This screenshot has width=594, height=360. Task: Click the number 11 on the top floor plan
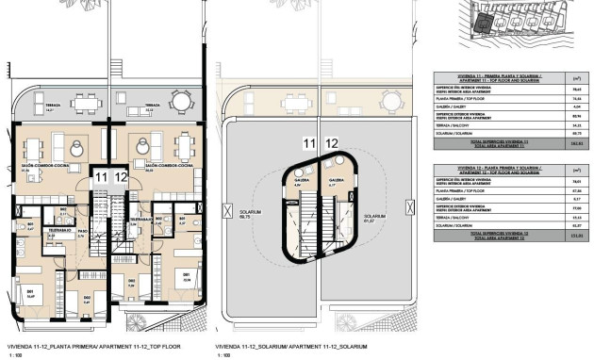[101, 176]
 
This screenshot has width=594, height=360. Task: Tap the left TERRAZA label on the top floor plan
[39, 106]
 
